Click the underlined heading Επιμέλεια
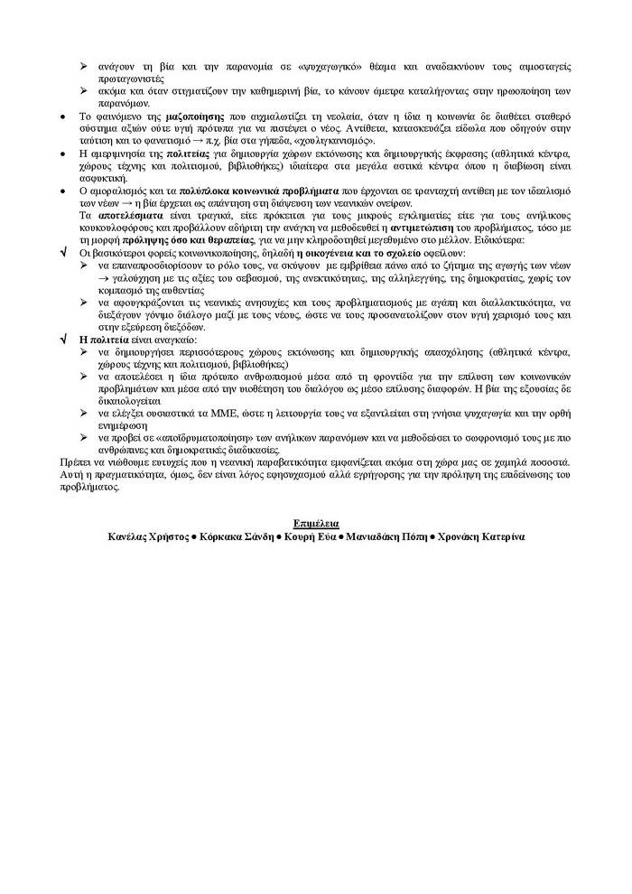[x=315, y=524]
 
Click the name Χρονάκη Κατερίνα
[x=479, y=535]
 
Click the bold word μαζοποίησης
[x=195, y=117]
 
